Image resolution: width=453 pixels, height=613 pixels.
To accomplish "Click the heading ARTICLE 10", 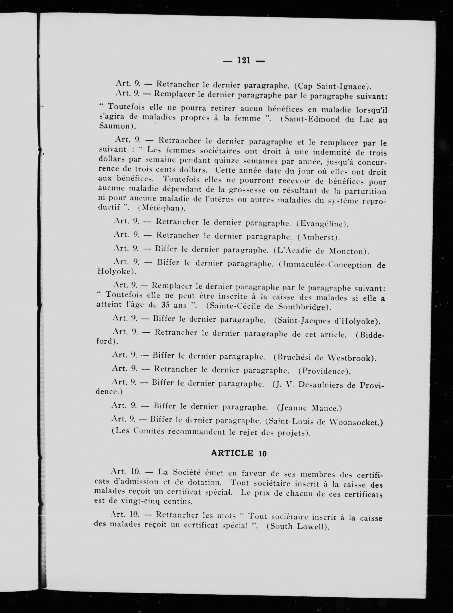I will [x=239, y=453].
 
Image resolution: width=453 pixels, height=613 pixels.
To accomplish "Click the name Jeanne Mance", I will [x=309, y=408].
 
